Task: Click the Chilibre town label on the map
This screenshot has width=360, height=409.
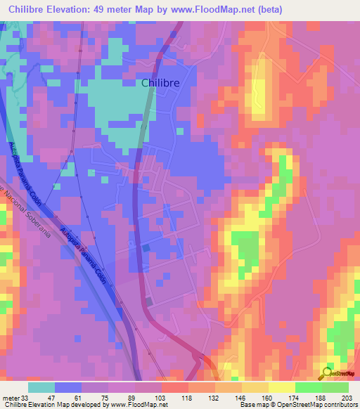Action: point(160,83)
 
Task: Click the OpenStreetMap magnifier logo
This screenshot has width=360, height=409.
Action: point(328,373)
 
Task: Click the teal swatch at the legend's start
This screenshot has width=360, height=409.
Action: point(41,387)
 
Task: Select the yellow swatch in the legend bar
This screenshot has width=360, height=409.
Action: point(281,387)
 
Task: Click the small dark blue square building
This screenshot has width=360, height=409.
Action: point(146,247)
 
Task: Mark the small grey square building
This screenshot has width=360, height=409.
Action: point(149,301)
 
